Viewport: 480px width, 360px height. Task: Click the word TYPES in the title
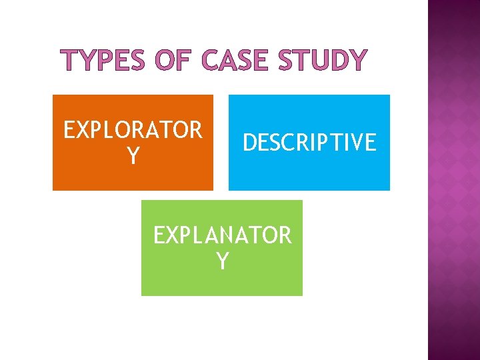click(x=101, y=61)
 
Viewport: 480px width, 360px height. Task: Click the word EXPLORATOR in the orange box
click(x=133, y=130)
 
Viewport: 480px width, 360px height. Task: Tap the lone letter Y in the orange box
click(x=133, y=157)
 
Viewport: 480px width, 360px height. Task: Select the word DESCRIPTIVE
click(x=309, y=142)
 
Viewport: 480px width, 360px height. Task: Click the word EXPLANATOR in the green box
click(x=222, y=235)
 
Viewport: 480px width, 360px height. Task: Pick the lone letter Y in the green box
click(x=222, y=261)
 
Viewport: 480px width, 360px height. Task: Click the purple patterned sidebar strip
click(x=453, y=180)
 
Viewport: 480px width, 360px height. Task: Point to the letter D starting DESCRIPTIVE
click(x=250, y=142)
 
